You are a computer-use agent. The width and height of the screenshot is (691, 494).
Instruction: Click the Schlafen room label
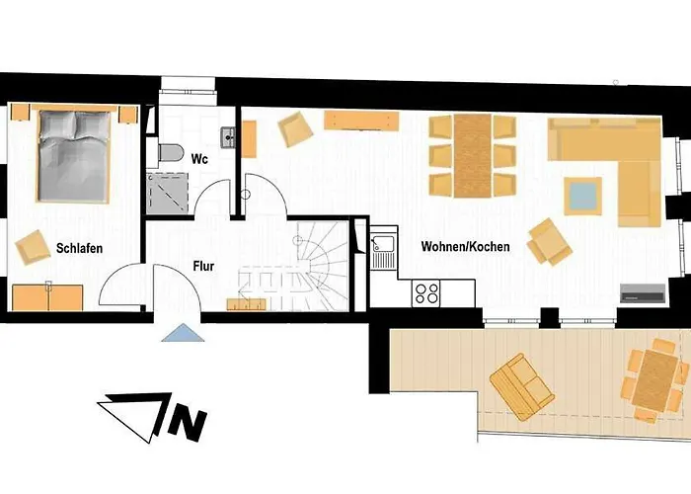tap(79, 248)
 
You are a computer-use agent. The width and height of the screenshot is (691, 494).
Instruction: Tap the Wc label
tap(197, 158)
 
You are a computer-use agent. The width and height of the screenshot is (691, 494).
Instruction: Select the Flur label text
tap(204, 266)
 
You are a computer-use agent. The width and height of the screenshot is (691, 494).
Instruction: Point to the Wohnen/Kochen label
tap(465, 246)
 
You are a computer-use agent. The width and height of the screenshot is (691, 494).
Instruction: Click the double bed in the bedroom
tap(74, 156)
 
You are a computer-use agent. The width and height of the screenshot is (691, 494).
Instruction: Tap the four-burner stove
tap(426, 293)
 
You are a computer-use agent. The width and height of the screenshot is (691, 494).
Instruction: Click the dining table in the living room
tap(472, 154)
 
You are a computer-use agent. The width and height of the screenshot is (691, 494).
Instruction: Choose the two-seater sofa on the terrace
tap(521, 385)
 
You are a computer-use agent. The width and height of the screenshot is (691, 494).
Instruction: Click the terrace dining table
tap(653, 379)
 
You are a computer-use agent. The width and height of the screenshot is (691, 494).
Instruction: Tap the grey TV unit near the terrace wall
tap(640, 293)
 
